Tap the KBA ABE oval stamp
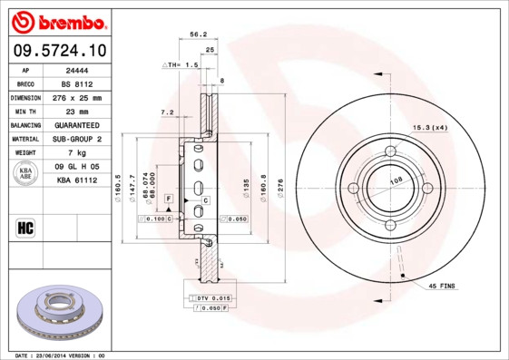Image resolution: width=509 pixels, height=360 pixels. [x=25, y=174]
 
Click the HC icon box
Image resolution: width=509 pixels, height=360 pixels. [x=25, y=227]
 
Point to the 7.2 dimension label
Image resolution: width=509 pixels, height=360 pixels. [x=167, y=112]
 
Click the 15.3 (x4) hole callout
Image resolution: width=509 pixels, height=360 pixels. [x=431, y=128]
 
